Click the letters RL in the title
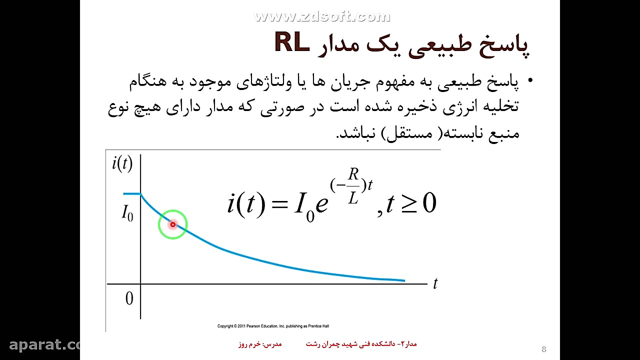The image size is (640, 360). [x=292, y=43]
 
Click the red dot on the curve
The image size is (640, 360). [x=173, y=224]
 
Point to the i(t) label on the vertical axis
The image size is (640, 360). [x=122, y=163]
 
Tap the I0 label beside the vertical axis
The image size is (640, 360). [x=127, y=213]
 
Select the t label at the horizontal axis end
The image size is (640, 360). [x=435, y=283]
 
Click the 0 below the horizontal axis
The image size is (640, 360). [x=129, y=299]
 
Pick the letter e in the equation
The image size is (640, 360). [x=321, y=204]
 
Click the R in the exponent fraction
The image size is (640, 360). [x=353, y=174]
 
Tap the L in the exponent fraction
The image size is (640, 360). [x=353, y=198]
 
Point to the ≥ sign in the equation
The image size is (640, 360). [x=408, y=204]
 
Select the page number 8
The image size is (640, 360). [x=544, y=349]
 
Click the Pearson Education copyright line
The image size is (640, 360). [x=273, y=326]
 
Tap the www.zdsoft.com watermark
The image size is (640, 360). [x=322, y=16]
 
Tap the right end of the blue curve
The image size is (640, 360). [x=403, y=280]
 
